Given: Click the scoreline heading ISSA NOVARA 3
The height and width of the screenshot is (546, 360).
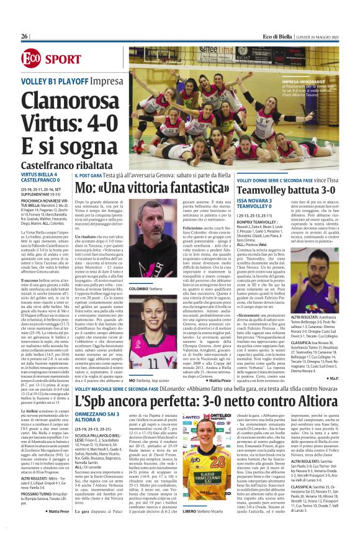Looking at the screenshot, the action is (258, 201).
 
